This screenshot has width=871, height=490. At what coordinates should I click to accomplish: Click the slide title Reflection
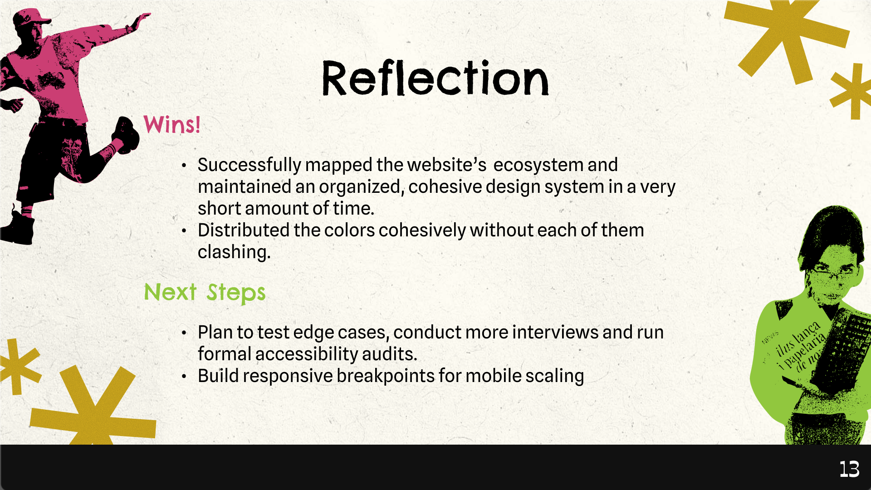(435, 78)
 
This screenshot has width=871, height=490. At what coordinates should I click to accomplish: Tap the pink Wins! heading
(172, 124)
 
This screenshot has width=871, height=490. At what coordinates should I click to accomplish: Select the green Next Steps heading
(205, 293)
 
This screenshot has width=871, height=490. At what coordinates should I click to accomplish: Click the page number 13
(849, 469)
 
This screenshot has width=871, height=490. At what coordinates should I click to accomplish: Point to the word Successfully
(250, 165)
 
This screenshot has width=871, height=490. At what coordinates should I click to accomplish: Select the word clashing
(234, 252)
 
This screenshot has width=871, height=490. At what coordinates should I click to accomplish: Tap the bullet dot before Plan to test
(184, 333)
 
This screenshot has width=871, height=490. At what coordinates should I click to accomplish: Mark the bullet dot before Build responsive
(184, 377)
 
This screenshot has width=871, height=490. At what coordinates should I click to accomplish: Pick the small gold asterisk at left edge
(18, 366)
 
